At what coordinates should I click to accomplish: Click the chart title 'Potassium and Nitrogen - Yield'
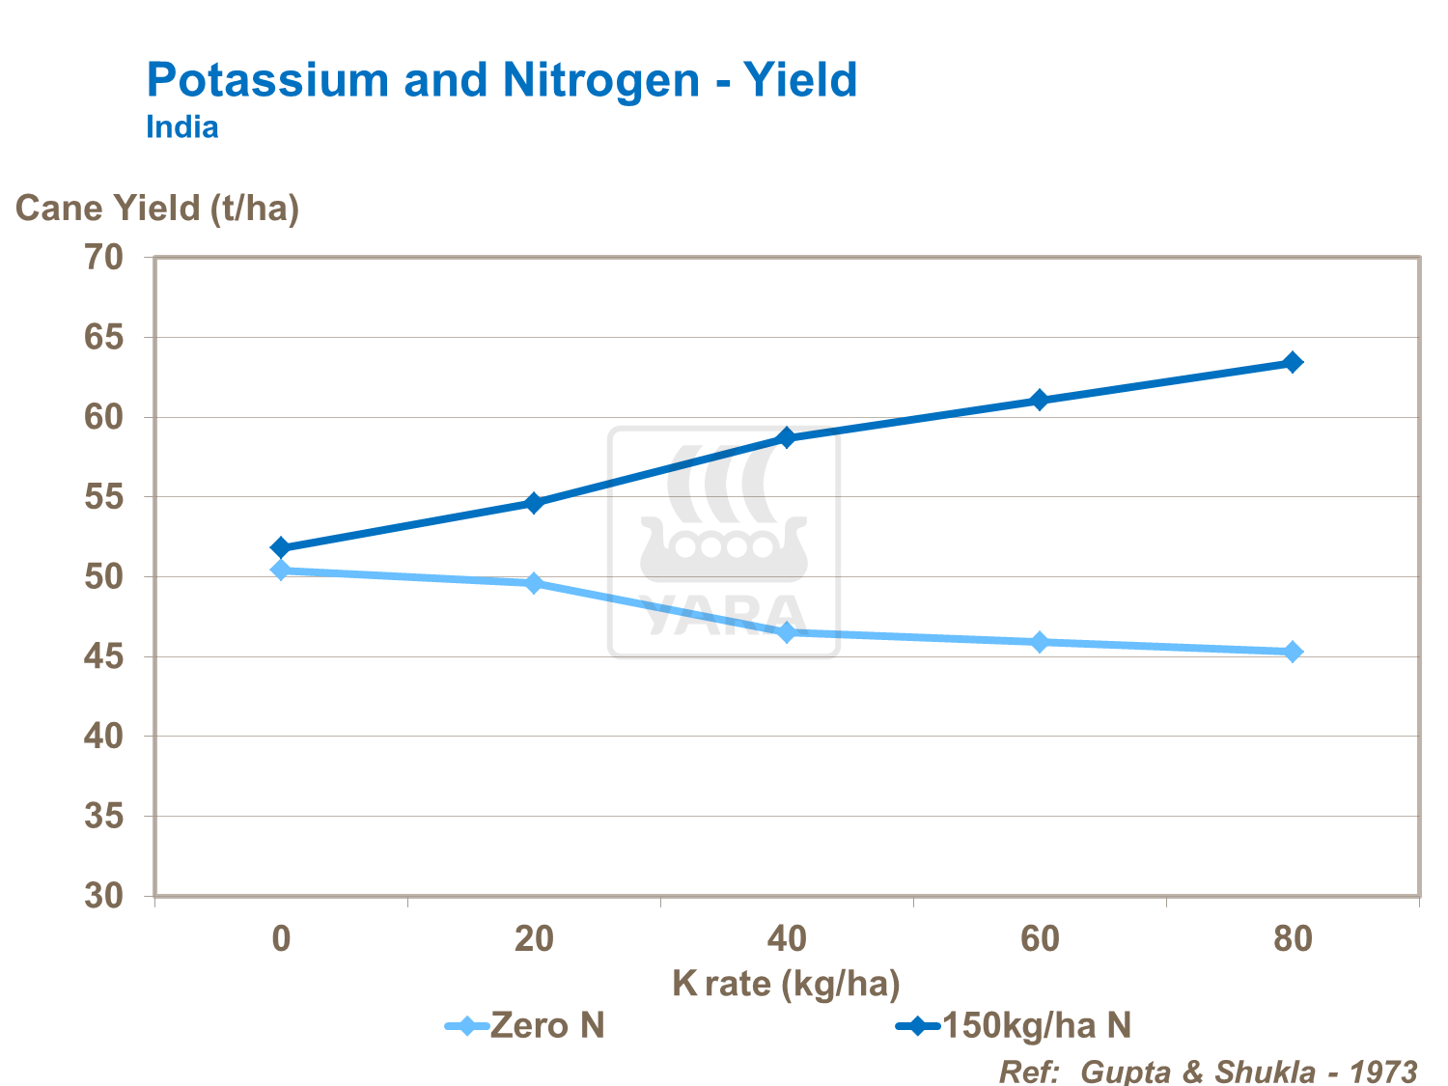[501, 79]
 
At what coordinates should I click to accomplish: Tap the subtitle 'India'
[181, 127]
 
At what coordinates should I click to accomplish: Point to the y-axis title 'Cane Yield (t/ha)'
[157, 208]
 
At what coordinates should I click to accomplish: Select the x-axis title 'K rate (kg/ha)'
[786, 984]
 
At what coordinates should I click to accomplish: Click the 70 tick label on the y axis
[104, 258]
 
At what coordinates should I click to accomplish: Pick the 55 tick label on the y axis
[104, 497]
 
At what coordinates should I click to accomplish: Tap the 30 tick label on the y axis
[104, 896]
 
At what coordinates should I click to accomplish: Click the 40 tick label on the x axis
[787, 938]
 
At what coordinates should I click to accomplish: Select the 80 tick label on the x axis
[1293, 938]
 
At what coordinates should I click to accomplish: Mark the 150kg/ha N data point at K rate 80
[1293, 362]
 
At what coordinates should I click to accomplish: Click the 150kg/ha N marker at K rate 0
[281, 547]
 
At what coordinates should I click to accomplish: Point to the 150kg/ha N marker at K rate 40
[787, 437]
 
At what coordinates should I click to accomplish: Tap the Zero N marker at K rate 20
[534, 583]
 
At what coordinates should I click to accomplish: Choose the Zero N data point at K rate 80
[1293, 652]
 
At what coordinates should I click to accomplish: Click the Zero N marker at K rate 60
[1040, 642]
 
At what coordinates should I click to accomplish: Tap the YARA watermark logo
[724, 542]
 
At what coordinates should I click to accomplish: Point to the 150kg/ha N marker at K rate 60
[1040, 400]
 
